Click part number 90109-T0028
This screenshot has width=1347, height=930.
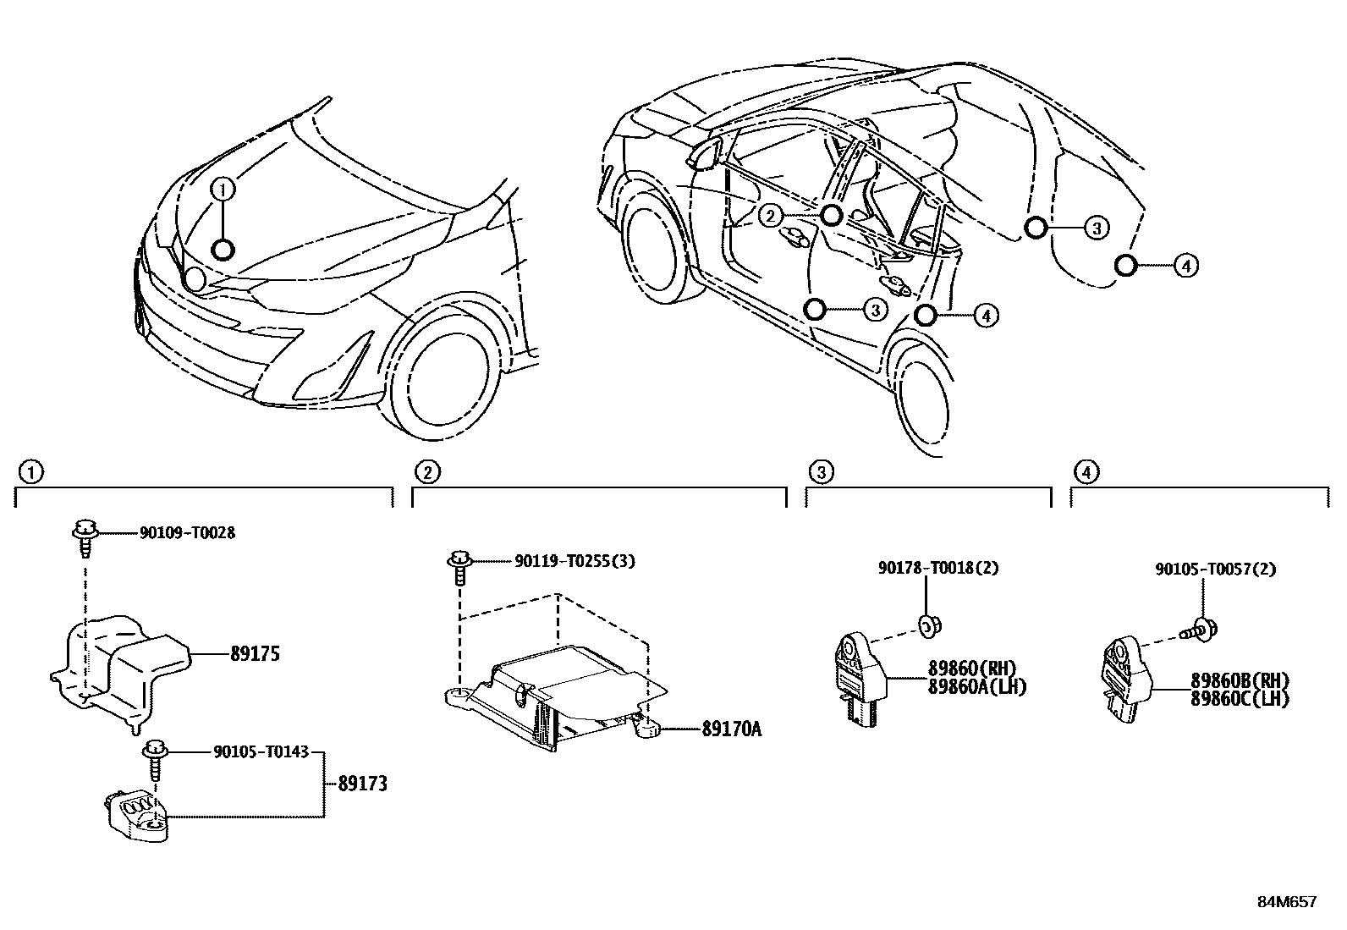(187, 533)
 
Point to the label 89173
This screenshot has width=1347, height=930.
(362, 784)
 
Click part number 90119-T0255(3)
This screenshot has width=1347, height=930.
(575, 561)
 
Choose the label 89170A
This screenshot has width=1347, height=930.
(731, 728)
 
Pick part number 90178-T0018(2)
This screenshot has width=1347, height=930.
(937, 568)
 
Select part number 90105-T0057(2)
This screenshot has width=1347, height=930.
(1216, 570)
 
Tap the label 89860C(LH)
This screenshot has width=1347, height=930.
(1240, 700)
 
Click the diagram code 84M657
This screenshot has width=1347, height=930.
(1286, 902)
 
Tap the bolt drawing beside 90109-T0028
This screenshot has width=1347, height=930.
(85, 537)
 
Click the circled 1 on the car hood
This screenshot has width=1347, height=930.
(223, 190)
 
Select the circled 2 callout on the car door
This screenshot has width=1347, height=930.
(769, 216)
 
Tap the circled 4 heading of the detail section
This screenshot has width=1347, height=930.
(1086, 471)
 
